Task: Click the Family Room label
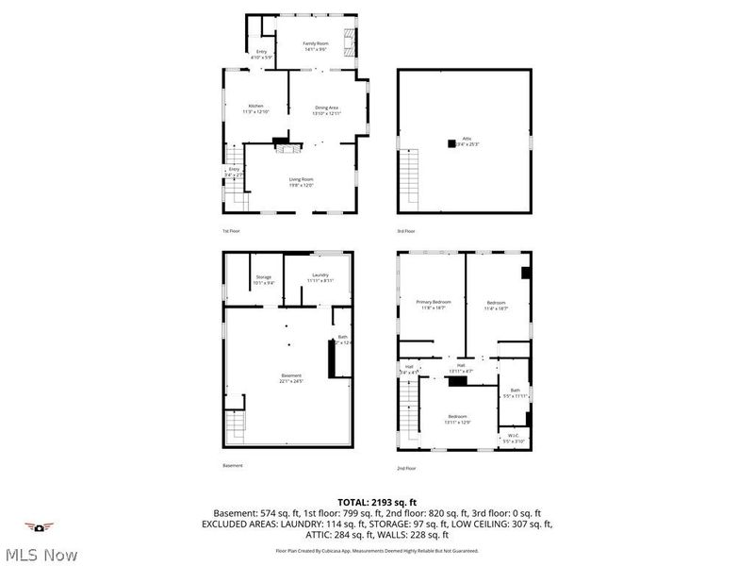[315, 45]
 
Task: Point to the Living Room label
[301, 181]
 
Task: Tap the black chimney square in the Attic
[451, 143]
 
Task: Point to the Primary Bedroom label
[434, 304]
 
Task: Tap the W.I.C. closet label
[513, 438]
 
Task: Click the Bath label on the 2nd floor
[515, 392]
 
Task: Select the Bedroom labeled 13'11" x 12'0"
[457, 419]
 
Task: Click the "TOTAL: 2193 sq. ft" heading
[376, 502]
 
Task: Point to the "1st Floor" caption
[232, 231]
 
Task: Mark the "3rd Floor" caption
[407, 231]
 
